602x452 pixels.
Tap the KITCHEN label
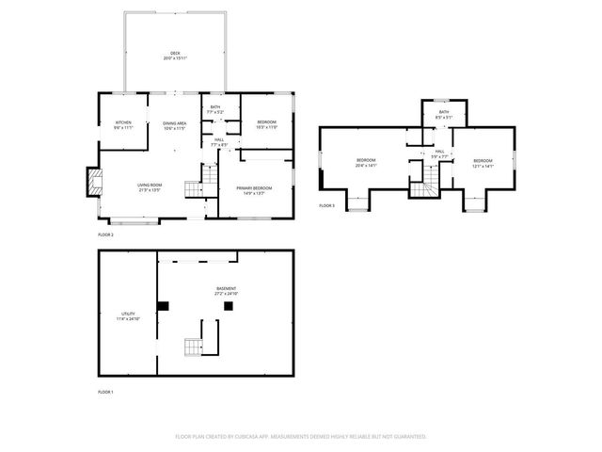[x=124, y=123]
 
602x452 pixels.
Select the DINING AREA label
[x=174, y=123]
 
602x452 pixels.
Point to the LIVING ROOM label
[x=150, y=186]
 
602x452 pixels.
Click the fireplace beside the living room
[x=93, y=181]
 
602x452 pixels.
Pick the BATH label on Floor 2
[x=215, y=108]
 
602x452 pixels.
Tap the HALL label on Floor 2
[x=218, y=140]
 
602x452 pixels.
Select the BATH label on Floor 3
[x=443, y=112]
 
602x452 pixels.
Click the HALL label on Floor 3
[x=439, y=151]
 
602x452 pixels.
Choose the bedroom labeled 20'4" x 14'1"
[x=366, y=161]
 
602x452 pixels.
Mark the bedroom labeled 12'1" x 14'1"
[x=483, y=161]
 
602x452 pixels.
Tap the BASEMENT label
[x=226, y=289]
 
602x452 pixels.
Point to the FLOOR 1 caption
[x=105, y=391]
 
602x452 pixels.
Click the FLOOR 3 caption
[x=326, y=205]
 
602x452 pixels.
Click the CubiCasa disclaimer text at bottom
[x=301, y=436]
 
